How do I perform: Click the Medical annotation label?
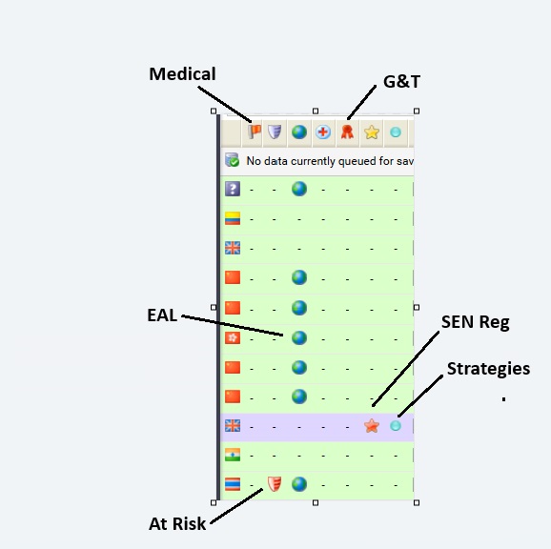[x=182, y=73]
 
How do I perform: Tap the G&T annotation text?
[x=401, y=81]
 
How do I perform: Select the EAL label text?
[x=162, y=315]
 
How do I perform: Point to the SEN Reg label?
[x=475, y=322]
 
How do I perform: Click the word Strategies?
[x=488, y=369]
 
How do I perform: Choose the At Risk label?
[x=177, y=523]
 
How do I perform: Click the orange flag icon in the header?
[x=255, y=132]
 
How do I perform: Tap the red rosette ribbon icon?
[x=347, y=132]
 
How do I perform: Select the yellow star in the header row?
[x=372, y=132]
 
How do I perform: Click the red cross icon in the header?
[x=323, y=132]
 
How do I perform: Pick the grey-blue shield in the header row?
[x=275, y=132]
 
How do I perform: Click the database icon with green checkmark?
[x=232, y=160]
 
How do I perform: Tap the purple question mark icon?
[x=233, y=189]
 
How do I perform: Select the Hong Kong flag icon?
[x=233, y=338]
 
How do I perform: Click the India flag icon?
[x=233, y=455]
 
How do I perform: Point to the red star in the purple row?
[x=372, y=426]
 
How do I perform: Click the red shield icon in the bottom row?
[x=275, y=484]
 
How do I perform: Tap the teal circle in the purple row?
[x=396, y=426]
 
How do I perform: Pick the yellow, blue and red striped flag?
[x=233, y=218]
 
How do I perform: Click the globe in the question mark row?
[x=299, y=189]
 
